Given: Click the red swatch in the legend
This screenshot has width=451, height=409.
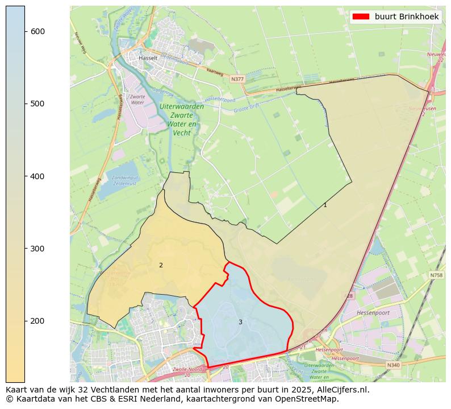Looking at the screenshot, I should (x=361, y=16).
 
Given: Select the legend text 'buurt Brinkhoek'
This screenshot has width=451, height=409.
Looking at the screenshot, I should (x=406, y=16).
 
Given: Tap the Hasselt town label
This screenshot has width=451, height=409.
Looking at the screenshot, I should (x=148, y=58).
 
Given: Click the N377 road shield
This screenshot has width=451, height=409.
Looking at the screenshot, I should (x=237, y=80).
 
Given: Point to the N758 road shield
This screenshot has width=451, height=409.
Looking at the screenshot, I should (x=436, y=275).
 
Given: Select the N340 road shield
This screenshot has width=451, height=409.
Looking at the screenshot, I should (x=393, y=365).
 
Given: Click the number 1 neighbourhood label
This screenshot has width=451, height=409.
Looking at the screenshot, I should (x=325, y=205).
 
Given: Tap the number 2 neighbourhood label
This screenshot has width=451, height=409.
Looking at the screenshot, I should (x=161, y=265).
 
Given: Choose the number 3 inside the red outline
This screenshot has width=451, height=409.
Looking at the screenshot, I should (x=240, y=322).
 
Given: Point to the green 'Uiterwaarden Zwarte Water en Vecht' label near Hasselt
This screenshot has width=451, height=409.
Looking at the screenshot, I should (x=182, y=119).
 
